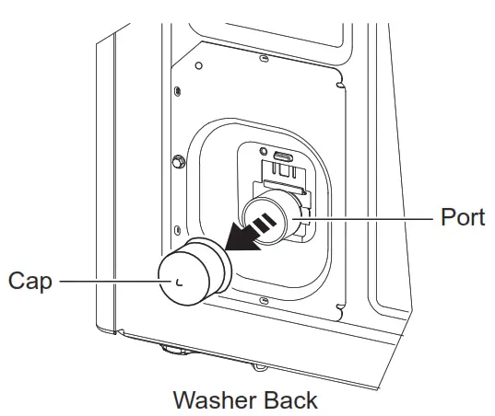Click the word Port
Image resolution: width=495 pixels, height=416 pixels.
[462, 220]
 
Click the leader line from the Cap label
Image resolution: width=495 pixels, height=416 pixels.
[101, 279]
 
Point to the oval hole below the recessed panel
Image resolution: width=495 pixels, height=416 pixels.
[265, 300]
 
